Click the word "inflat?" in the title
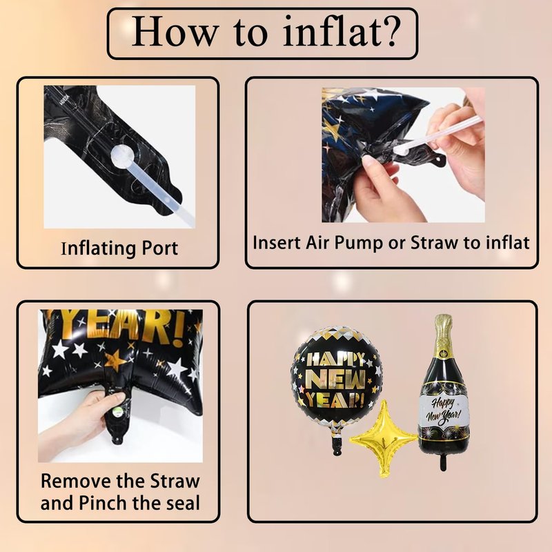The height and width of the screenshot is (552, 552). (x=342, y=31)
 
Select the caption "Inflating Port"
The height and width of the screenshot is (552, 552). (x=119, y=248)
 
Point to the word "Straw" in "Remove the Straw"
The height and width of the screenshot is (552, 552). (x=175, y=481)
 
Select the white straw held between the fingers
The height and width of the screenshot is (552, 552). (x=438, y=134)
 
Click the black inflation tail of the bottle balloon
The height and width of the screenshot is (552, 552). (x=443, y=461)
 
